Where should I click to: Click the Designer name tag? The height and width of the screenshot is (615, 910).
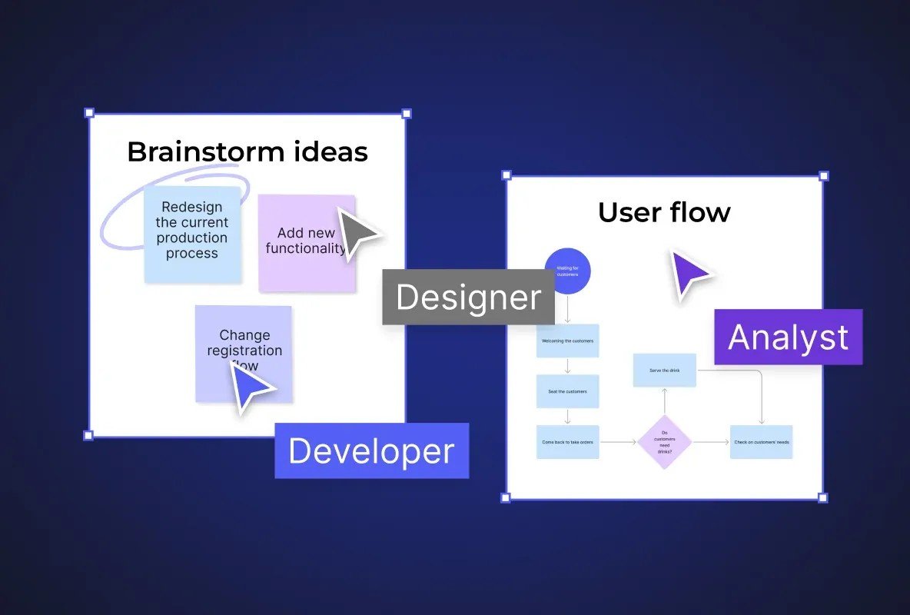coord(468,297)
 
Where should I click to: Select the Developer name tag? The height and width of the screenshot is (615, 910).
coord(371,451)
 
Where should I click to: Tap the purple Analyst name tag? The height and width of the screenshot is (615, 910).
coord(788,337)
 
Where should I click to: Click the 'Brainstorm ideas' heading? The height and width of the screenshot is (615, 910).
coord(247,151)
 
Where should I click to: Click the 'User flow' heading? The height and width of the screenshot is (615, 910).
coord(664,212)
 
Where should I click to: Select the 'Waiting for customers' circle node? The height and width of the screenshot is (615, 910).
coord(567,271)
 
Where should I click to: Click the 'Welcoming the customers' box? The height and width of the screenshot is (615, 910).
coord(567,341)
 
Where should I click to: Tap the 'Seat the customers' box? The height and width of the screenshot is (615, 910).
coord(567,391)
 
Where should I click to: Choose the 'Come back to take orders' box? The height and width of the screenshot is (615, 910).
coord(567,442)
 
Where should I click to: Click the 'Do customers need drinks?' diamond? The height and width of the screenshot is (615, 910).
coord(664,442)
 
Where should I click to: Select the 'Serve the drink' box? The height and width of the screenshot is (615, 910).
coord(664,371)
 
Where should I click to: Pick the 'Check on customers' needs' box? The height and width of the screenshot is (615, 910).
coord(761,442)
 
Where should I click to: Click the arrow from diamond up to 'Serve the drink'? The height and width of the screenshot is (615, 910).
coord(664,401)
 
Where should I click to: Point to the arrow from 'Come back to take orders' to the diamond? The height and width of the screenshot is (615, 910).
coord(618,442)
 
